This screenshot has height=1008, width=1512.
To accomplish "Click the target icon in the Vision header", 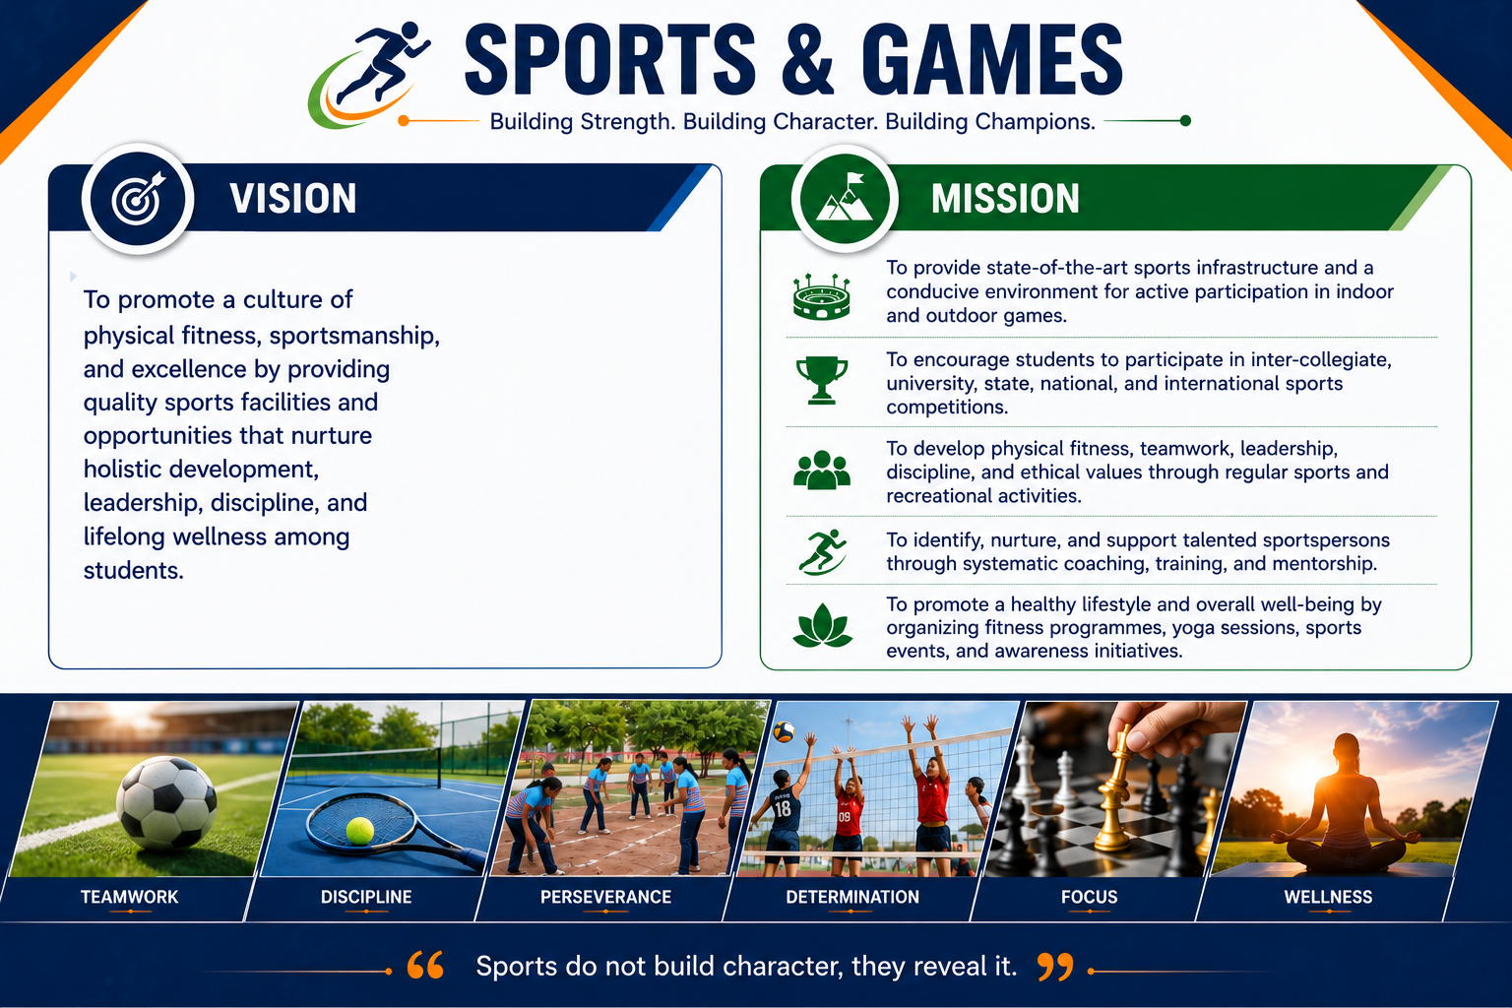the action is click(139, 199).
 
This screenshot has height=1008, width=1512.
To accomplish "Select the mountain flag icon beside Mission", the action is click(845, 198).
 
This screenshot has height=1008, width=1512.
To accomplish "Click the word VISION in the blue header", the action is click(293, 199).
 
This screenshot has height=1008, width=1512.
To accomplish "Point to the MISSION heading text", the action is click(1005, 199).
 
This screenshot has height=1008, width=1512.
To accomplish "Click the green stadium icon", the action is click(822, 297).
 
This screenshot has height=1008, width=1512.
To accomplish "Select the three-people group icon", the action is click(822, 470).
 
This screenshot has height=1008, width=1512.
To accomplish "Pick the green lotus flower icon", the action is click(822, 626).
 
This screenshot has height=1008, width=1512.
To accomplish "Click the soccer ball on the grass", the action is click(166, 802).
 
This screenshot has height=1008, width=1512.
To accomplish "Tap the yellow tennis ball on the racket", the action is click(359, 831).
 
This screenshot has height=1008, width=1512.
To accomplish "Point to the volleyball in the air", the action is click(784, 731).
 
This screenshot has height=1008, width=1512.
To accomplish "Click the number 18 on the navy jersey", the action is click(783, 809).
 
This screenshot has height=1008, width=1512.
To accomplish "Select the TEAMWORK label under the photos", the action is click(130, 897).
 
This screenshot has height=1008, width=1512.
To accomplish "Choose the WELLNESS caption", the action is click(1328, 897).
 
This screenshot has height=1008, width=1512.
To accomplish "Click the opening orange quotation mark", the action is click(425, 966).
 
